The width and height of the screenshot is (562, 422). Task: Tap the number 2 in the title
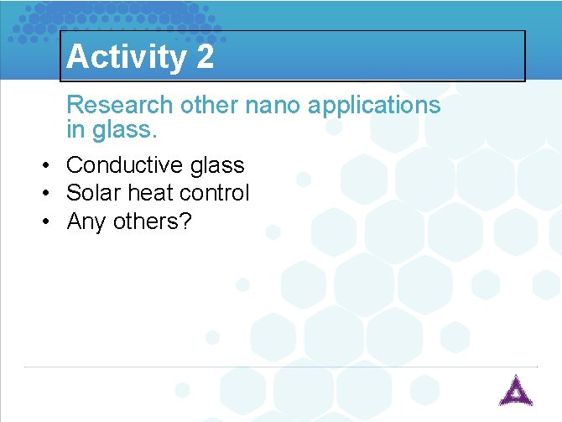(205, 57)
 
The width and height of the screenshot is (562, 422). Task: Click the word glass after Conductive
(217, 166)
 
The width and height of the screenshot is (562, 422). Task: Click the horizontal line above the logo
(280, 367)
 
